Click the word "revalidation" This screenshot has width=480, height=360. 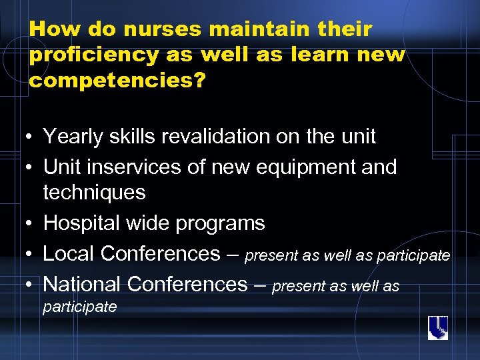[227, 137]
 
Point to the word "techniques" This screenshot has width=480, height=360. [94, 193]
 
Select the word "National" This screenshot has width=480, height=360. [82, 284]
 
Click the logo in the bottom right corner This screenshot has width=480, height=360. [437, 327]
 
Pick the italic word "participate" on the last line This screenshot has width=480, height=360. [79, 307]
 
